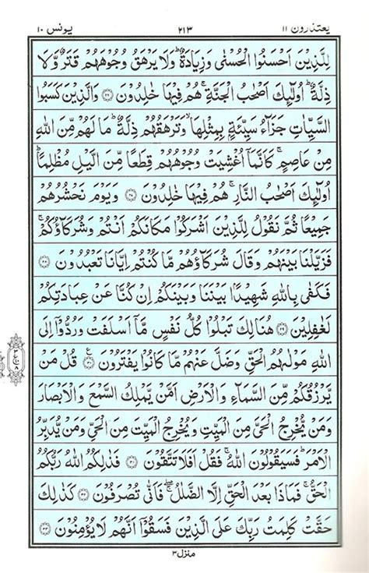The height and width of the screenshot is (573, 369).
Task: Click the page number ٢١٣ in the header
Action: [x=184, y=18]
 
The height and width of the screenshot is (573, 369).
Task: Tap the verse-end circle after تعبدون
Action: [x=42, y=253]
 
